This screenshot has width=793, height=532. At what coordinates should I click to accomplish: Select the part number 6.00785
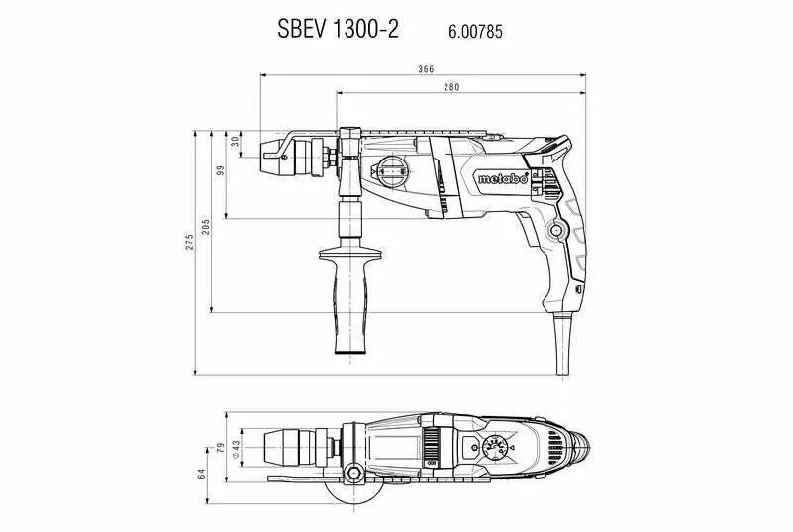476,31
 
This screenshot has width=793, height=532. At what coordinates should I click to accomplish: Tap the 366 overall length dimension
426,68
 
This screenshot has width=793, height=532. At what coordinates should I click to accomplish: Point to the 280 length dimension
451,88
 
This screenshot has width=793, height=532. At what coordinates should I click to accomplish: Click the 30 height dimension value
235,141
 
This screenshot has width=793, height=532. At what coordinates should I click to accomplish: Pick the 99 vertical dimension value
221,169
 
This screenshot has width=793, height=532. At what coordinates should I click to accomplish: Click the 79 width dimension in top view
221,447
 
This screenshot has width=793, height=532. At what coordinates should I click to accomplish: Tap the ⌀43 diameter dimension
236,448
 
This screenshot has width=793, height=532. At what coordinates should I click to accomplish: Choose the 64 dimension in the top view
202,474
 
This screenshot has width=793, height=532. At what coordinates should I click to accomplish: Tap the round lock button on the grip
556,232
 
